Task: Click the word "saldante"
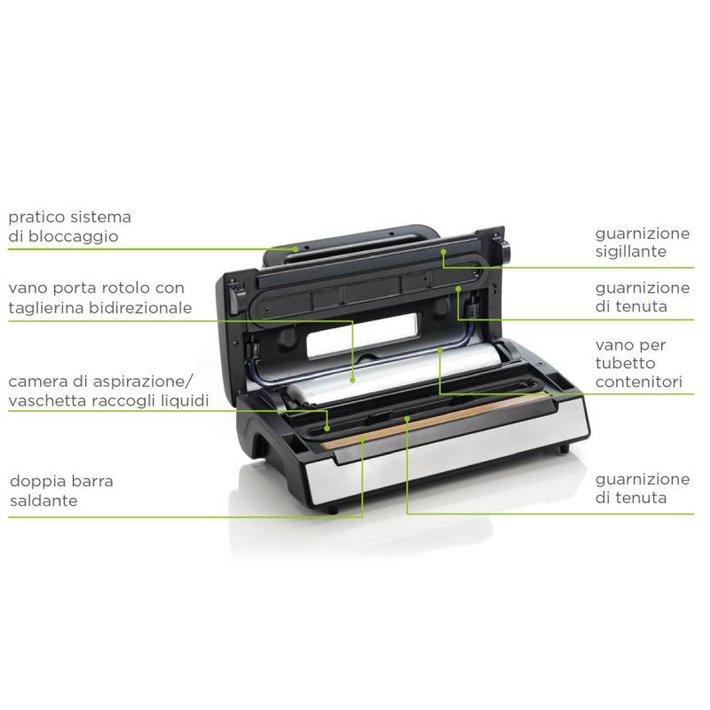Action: pos(43,501)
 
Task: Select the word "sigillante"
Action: pos(631,252)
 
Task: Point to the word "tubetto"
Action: pos(626,363)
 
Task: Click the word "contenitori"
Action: pos(639,383)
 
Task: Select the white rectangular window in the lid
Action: pos(362,335)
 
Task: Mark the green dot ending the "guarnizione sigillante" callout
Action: pos(444,251)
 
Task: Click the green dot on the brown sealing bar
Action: pos(362,438)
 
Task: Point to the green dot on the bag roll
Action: pos(352,381)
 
